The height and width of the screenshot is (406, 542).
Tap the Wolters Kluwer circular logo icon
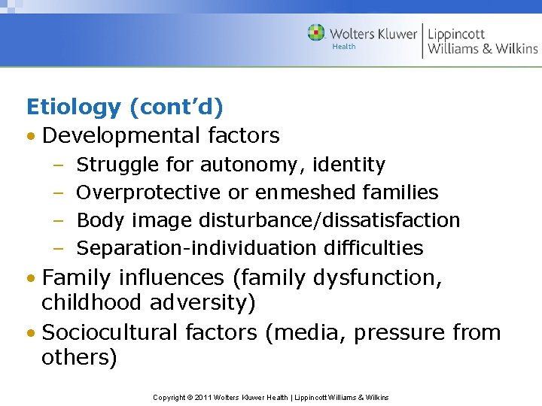(x=316, y=33)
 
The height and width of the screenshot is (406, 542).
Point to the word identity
(x=351, y=165)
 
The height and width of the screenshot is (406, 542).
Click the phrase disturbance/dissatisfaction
(x=329, y=220)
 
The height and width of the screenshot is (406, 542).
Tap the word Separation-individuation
(x=197, y=248)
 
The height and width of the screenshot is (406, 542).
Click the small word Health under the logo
(x=343, y=47)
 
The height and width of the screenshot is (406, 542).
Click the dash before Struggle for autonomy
(x=58, y=165)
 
